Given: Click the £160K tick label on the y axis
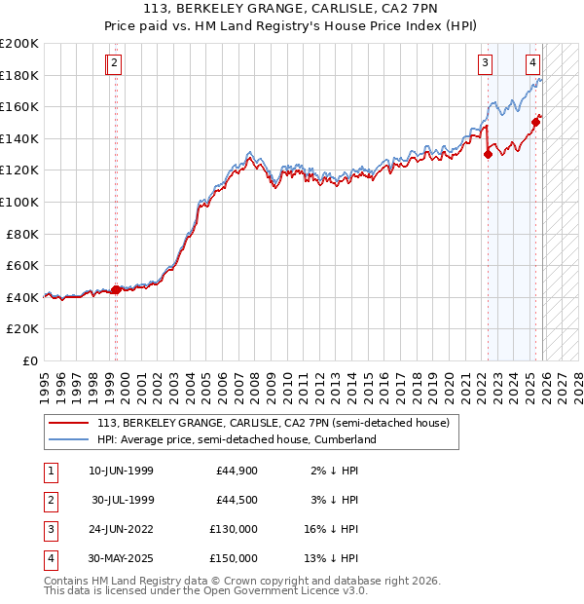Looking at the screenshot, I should click(x=19, y=107).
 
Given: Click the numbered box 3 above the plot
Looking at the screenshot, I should click(x=485, y=64).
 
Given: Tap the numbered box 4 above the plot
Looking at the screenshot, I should click(x=533, y=64).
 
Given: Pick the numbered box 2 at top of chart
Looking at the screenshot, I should click(x=114, y=64).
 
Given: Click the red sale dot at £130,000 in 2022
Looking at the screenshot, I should click(x=489, y=154).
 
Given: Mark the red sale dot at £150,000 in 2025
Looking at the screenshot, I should click(x=535, y=122).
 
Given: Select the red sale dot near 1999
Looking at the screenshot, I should click(x=116, y=289).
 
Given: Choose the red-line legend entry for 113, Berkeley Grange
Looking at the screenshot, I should click(x=273, y=424).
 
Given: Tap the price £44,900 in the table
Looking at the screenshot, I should click(x=237, y=471).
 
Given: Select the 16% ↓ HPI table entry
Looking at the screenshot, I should click(x=332, y=529).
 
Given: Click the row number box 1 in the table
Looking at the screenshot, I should click(x=50, y=471).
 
